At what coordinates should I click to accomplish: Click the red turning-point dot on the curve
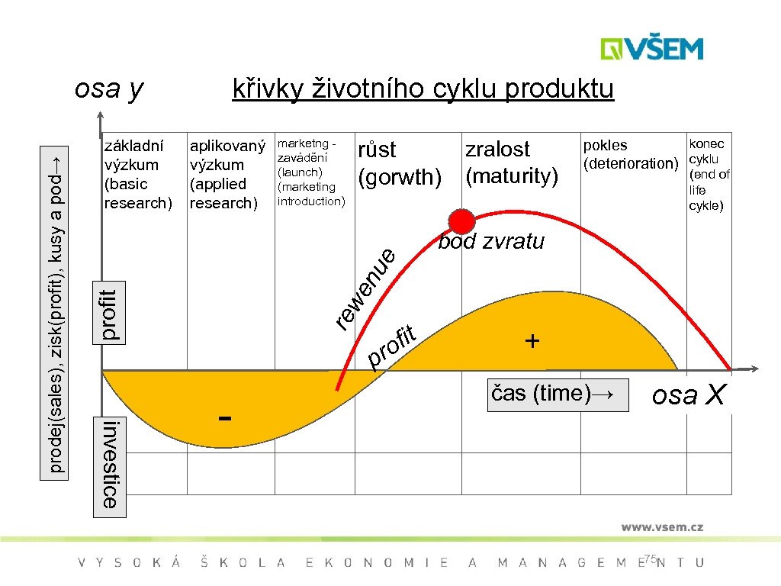coord(461,221)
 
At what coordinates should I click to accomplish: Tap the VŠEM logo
coord(652,49)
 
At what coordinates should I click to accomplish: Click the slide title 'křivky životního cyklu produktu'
coord(423,89)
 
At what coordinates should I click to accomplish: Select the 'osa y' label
coord(108,89)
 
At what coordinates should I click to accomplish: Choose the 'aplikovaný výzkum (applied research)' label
coord(227,174)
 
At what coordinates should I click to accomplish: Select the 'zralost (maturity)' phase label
coord(512,163)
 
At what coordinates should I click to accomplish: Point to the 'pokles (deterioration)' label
coord(630,154)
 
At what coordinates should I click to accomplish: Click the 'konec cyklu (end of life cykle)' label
coord(709,174)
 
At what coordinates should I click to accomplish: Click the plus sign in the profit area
coord(532,340)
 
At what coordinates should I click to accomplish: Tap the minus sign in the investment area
coord(224,418)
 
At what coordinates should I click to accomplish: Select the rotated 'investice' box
coord(109,464)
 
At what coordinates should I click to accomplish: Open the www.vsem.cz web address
coord(661,526)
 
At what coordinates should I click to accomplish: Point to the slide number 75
coord(650,559)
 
